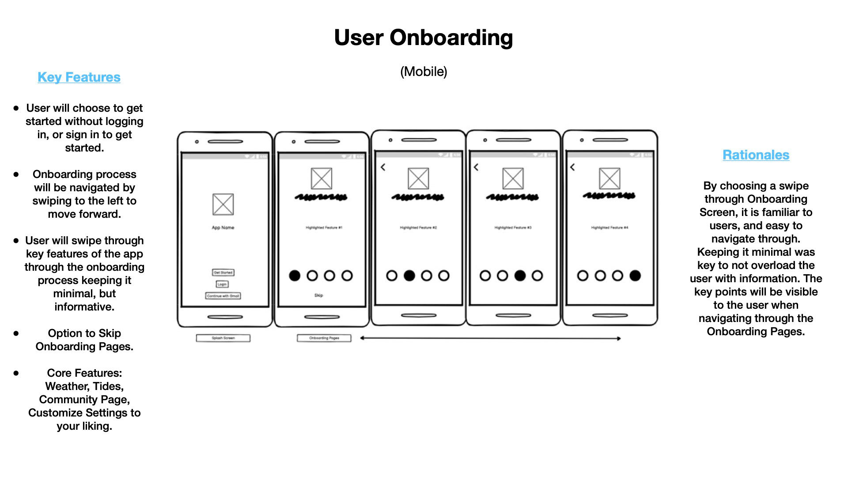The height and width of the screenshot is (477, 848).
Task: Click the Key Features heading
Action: [x=79, y=77]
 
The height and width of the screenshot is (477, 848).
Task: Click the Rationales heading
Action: [x=756, y=155]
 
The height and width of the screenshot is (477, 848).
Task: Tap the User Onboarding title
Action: [x=423, y=38]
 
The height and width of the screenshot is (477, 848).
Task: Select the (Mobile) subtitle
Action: [x=424, y=72]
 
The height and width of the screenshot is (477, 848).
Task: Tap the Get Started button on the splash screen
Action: [x=223, y=273]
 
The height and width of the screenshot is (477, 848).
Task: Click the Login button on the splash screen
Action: [x=222, y=284]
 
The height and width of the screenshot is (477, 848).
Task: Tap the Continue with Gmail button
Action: [x=223, y=296]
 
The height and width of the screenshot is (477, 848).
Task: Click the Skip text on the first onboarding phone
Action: [x=318, y=295]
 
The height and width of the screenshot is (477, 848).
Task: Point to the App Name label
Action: [x=223, y=227]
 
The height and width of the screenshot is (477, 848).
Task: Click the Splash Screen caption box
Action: [x=223, y=338]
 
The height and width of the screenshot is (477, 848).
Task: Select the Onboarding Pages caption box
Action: [x=324, y=338]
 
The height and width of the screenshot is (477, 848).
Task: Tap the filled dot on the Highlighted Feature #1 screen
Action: [x=295, y=276]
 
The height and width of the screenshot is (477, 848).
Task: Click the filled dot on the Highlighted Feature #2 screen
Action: [x=409, y=276]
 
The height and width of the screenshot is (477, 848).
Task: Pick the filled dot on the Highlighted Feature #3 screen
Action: [x=520, y=276]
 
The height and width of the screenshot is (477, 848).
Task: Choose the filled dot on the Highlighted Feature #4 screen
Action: [x=635, y=276]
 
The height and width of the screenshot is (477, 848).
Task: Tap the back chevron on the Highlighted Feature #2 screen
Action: [x=383, y=167]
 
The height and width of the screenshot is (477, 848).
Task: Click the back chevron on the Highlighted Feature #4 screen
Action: [x=572, y=167]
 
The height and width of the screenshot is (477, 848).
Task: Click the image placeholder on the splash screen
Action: [x=223, y=204]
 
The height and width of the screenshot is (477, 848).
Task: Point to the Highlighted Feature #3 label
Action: [x=513, y=227]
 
